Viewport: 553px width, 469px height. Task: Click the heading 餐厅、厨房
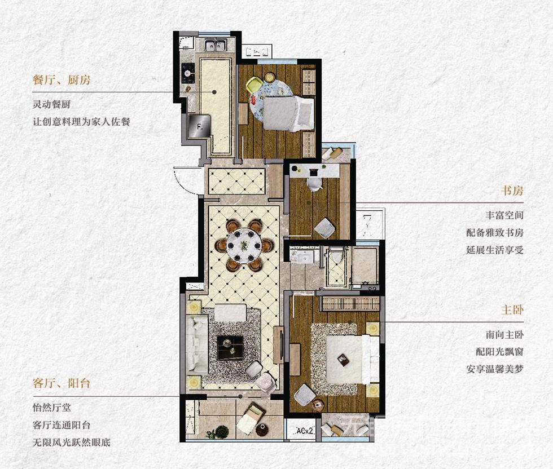[62, 80]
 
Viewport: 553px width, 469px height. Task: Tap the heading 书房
[512, 191]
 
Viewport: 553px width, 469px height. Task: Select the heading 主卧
[512, 310]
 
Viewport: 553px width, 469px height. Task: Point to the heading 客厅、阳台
[62, 383]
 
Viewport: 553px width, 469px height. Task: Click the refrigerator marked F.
[200, 126]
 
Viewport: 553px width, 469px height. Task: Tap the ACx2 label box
[304, 430]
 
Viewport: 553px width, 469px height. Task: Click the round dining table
[244, 246]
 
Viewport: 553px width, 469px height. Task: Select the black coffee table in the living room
[230, 348]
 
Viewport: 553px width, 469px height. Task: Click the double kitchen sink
[216, 45]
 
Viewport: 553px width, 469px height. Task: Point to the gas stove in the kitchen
[187, 73]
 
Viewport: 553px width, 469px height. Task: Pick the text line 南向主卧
[504, 334]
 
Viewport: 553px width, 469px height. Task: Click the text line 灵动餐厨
[51, 104]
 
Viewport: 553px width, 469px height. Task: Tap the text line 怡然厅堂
[51, 408]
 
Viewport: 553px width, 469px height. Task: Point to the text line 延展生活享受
[495, 250]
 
